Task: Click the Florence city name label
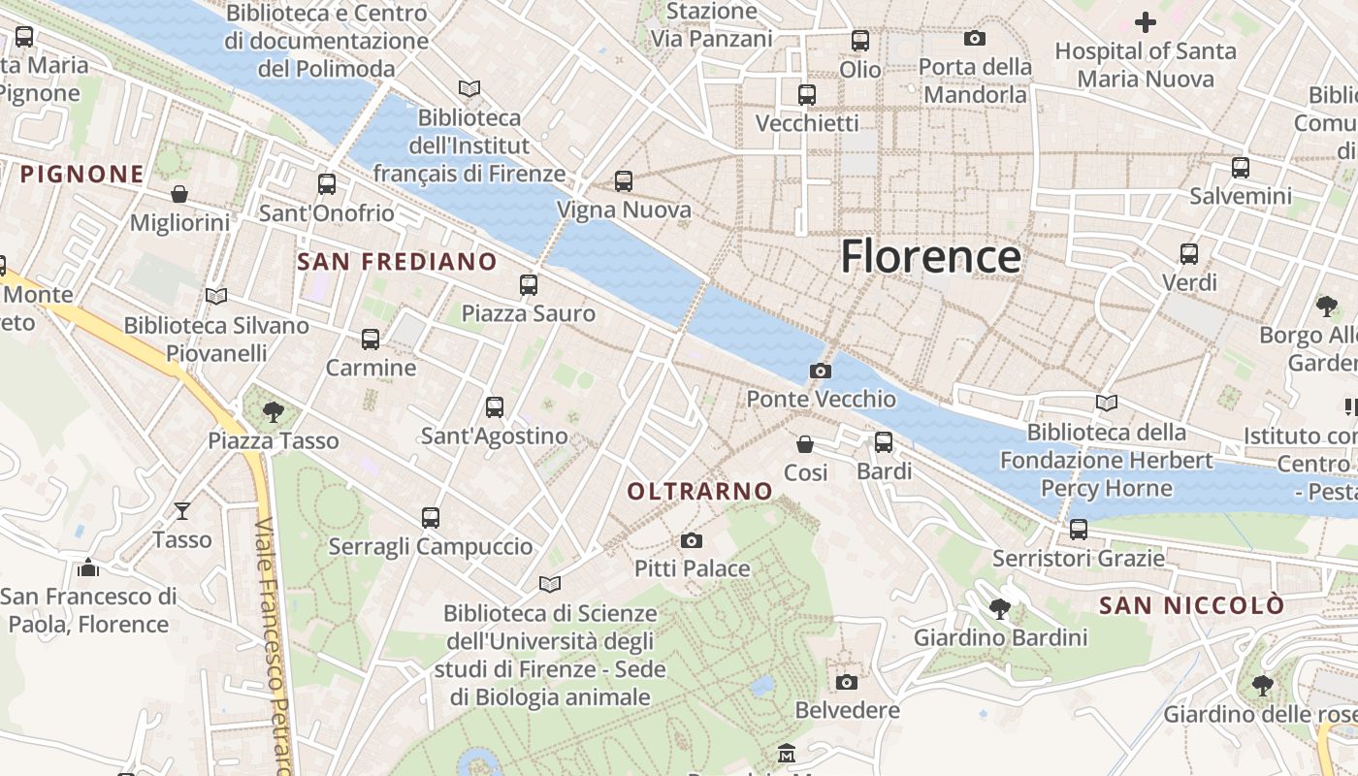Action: [x=930, y=257]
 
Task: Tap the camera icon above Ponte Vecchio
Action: [x=820, y=371]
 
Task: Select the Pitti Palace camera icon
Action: [x=691, y=540]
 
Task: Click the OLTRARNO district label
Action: [x=699, y=492]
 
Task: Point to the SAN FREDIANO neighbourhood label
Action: [x=397, y=262]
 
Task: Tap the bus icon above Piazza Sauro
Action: [x=529, y=285]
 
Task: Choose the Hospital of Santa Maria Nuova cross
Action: [x=1146, y=22]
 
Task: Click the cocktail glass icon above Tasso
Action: [x=181, y=511]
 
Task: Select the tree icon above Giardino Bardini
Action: [x=999, y=609]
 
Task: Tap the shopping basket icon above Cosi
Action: [x=805, y=444]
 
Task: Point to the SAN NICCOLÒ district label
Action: [x=1191, y=606]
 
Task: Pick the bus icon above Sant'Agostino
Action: [x=495, y=407]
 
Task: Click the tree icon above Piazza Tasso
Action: [x=274, y=412]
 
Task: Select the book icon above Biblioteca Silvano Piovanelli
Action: [x=216, y=296]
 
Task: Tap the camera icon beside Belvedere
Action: [x=847, y=682]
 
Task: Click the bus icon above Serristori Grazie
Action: [x=1078, y=530]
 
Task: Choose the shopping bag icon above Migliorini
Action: [x=179, y=194]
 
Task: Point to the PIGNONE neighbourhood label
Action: [x=82, y=175]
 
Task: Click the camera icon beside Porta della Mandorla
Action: [x=975, y=39]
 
